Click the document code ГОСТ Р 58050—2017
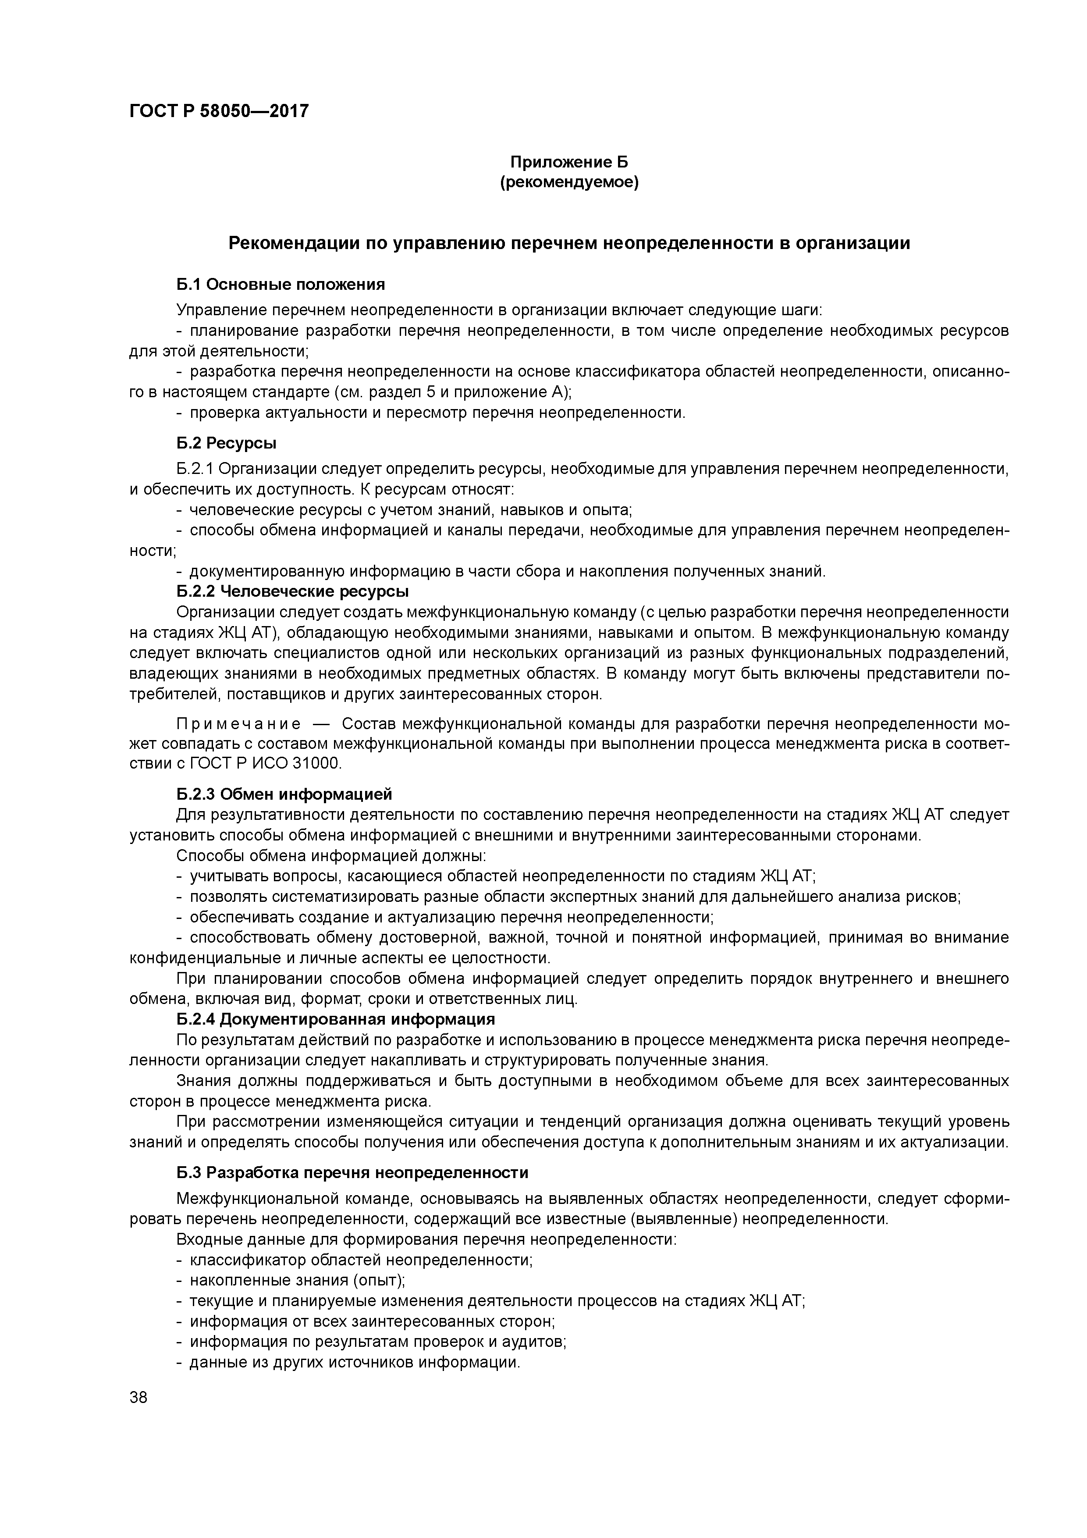pos(219,110)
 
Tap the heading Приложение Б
pos(569,162)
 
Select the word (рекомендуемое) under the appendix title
pos(569,182)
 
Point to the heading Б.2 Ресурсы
pos(226,443)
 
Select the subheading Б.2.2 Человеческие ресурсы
pos(293,591)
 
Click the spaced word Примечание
pos(238,724)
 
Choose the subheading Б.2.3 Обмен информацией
pos(284,794)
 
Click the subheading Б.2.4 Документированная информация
pos(336,1019)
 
